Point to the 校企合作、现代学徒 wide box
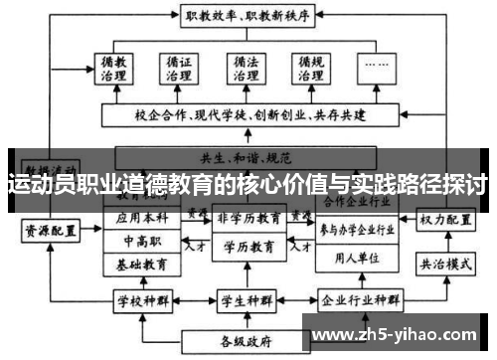245,115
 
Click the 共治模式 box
443,265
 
